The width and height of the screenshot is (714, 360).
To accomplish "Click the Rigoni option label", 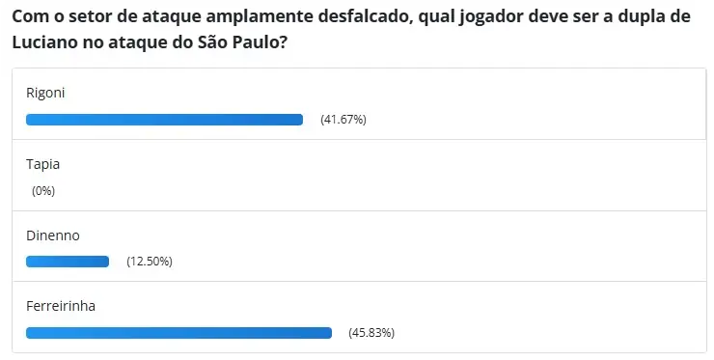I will click(45, 94).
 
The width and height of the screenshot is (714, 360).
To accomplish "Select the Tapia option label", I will click(42, 164).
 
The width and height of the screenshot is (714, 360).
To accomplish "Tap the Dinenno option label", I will click(52, 235).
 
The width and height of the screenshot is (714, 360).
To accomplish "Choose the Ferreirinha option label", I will click(61, 306).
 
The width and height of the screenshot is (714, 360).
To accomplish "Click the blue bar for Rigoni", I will click(164, 120).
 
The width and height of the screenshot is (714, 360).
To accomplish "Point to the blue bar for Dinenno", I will click(68, 262).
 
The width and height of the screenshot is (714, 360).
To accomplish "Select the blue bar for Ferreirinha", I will click(178, 333).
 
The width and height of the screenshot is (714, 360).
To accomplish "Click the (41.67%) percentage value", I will click(343, 120).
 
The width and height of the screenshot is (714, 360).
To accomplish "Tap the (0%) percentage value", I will click(43, 191).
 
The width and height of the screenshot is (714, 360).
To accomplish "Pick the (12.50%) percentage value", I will click(150, 262).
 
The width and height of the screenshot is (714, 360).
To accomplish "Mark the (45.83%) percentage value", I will click(371, 333).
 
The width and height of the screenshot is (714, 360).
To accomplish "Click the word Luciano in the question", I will click(48, 43).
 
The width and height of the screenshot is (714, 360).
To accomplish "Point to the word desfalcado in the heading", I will click(355, 18).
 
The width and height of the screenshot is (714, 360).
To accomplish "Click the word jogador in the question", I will click(490, 18).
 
